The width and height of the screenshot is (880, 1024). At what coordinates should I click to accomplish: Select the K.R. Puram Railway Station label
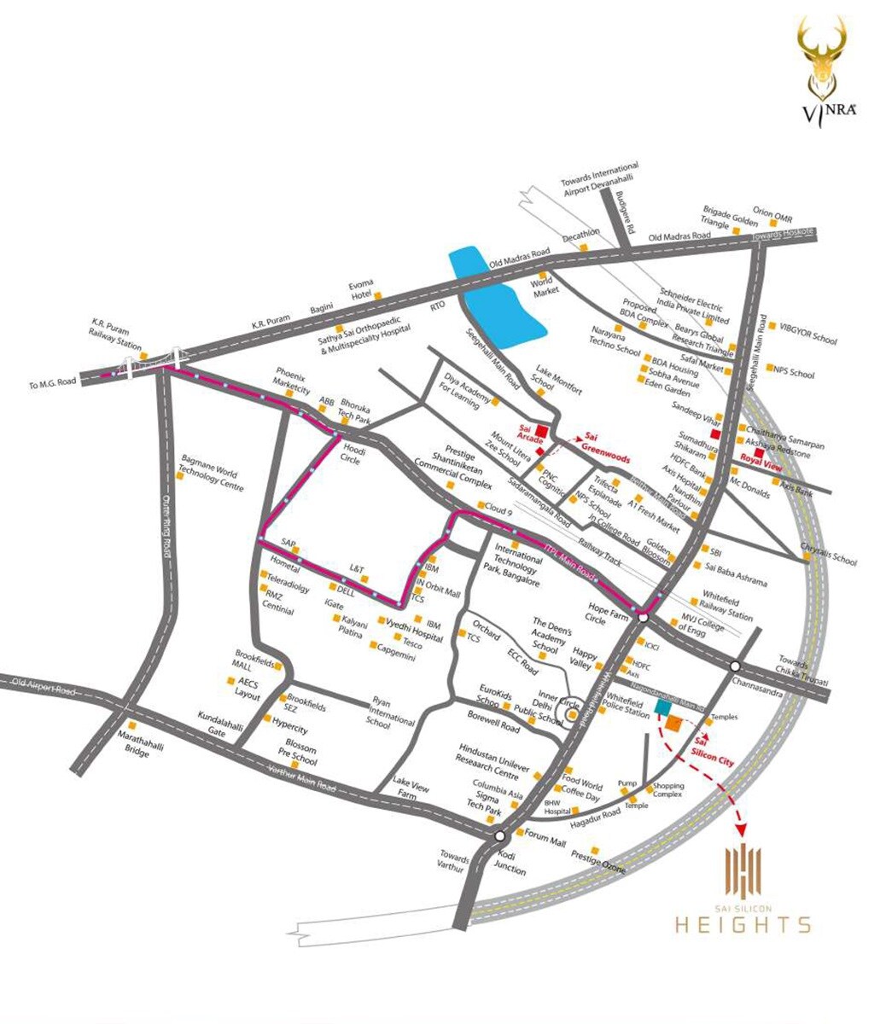tap(117, 334)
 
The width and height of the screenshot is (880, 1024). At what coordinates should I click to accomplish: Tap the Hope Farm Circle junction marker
tap(643, 618)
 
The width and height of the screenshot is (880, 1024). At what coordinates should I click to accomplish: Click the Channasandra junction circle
tap(734, 666)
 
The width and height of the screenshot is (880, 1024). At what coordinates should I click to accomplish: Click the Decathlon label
tap(582, 234)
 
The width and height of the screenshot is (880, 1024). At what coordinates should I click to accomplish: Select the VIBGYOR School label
tap(807, 332)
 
